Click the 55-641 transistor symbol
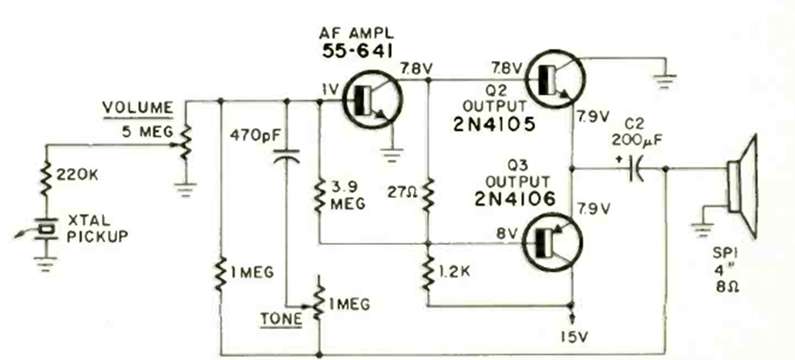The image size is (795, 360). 368,99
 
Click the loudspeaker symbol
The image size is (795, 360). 742,186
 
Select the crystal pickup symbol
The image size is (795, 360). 48,229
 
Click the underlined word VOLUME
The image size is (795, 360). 140,107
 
